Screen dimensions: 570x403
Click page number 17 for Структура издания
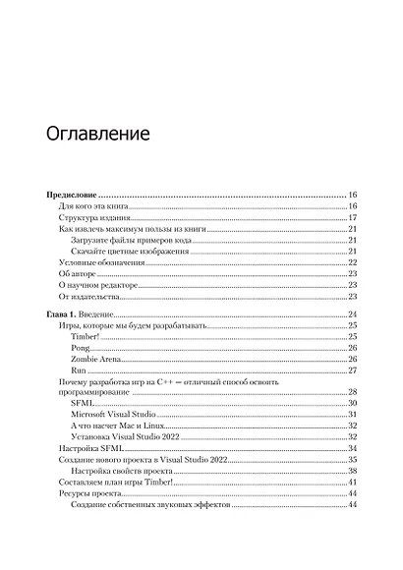[x=352, y=218]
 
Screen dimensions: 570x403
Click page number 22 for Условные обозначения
[x=352, y=262]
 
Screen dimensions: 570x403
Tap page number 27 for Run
[x=352, y=370]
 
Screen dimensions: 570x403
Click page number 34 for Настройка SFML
[x=352, y=448]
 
